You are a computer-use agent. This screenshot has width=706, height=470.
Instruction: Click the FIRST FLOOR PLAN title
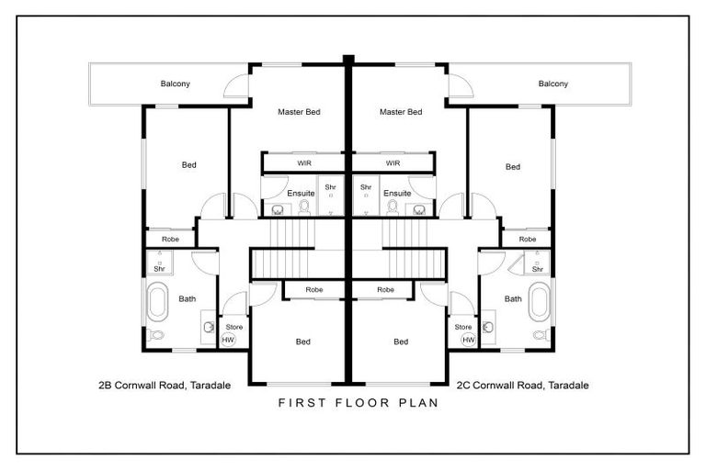pyautogui.click(x=352, y=403)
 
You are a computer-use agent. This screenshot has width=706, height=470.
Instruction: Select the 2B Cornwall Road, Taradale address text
pyautogui.click(x=165, y=385)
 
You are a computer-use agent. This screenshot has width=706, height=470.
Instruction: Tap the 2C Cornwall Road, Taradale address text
pyautogui.click(x=522, y=385)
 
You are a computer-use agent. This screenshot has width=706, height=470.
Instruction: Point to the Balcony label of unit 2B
pyautogui.click(x=176, y=84)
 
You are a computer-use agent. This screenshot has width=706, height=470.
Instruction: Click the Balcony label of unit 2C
pyautogui.click(x=553, y=84)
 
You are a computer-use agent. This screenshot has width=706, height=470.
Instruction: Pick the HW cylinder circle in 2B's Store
pyautogui.click(x=228, y=340)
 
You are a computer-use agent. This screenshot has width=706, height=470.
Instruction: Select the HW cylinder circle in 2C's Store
pyautogui.click(x=469, y=340)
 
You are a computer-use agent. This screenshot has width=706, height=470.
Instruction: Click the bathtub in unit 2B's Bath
pyautogui.click(x=155, y=300)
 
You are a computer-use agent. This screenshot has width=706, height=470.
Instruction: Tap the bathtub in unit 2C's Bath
pyautogui.click(x=540, y=300)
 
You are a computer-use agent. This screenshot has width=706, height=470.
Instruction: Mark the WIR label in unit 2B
pyautogui.click(x=304, y=162)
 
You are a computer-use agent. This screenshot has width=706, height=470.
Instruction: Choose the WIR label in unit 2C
pyautogui.click(x=393, y=162)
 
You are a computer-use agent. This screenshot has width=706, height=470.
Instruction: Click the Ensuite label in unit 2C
pyautogui.click(x=397, y=194)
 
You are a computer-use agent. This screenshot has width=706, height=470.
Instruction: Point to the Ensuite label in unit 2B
pyautogui.click(x=301, y=194)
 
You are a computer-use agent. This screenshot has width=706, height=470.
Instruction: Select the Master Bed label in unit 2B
pyautogui.click(x=299, y=112)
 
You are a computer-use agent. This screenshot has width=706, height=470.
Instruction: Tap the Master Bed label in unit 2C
pyautogui.click(x=401, y=112)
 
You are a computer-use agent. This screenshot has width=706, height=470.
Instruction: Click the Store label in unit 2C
pyautogui.click(x=463, y=327)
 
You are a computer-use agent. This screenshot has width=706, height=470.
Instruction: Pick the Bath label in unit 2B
pyautogui.click(x=188, y=298)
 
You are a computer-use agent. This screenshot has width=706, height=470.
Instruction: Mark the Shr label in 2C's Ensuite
pyautogui.click(x=366, y=187)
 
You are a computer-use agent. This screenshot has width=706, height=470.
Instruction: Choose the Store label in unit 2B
pyautogui.click(x=233, y=327)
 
